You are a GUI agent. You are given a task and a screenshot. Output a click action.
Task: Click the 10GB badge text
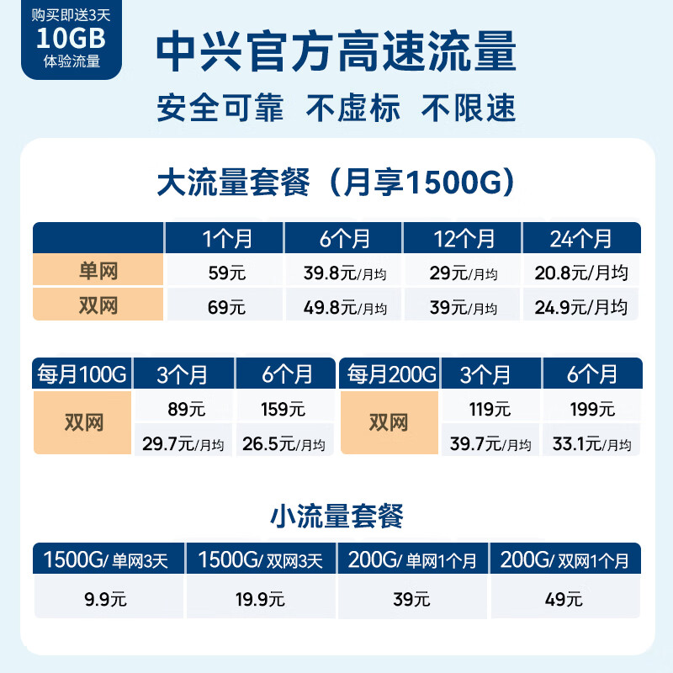click(x=71, y=39)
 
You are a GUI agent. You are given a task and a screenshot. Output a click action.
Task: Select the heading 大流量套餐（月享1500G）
click(x=336, y=183)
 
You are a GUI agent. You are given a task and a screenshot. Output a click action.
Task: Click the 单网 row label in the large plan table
click(x=98, y=272)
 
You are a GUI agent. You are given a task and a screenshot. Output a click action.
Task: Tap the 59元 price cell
click(x=225, y=273)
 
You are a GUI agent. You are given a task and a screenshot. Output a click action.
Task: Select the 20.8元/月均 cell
click(x=581, y=273)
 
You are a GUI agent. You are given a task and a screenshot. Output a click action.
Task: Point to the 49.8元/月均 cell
click(x=344, y=307)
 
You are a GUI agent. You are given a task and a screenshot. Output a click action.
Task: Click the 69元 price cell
click(x=225, y=307)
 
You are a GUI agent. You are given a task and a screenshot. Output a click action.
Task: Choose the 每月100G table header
click(x=82, y=374)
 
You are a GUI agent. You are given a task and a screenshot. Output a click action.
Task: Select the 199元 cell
click(x=592, y=410)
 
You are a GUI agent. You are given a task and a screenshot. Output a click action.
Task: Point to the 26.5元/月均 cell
click(x=285, y=442)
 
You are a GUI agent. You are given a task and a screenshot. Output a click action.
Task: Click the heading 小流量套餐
click(x=336, y=515)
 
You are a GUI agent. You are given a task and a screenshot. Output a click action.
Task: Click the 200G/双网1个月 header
click(x=564, y=559)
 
